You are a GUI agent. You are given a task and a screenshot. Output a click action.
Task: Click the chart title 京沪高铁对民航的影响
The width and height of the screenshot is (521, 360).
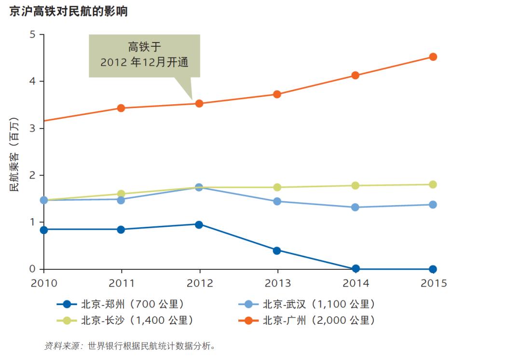pos(69,11)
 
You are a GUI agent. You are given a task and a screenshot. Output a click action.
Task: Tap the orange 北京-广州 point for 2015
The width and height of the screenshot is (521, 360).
pos(433,57)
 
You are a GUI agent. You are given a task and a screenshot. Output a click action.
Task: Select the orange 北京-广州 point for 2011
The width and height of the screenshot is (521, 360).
pos(121,108)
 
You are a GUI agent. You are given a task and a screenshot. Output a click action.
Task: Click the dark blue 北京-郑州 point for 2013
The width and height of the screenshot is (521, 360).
pos(277,250)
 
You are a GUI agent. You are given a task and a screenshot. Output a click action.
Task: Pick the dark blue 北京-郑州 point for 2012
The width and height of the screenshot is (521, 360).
pos(199,225)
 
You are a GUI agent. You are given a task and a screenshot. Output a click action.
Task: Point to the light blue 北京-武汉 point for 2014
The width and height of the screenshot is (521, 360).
pos(355,208)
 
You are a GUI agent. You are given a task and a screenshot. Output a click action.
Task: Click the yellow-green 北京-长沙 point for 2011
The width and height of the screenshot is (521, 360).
pos(121,194)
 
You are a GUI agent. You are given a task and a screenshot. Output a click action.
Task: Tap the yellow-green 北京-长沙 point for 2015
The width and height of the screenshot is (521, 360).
pos(433,184)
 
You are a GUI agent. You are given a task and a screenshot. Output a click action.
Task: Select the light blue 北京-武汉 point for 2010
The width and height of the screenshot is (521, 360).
pos(44,200)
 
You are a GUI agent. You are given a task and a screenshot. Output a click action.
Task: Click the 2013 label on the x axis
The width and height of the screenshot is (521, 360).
pos(277,283)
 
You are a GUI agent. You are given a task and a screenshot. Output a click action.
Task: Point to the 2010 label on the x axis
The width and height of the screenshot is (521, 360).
pos(44,283)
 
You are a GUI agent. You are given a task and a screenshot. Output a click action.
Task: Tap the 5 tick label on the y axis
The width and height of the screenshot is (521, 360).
pos(32,35)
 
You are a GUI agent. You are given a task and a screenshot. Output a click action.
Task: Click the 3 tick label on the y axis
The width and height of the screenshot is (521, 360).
pos(32,128)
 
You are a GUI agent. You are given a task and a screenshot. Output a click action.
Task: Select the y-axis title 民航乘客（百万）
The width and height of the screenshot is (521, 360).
pos(14,154)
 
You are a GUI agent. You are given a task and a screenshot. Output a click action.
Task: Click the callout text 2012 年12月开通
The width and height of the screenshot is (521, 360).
pos(145,62)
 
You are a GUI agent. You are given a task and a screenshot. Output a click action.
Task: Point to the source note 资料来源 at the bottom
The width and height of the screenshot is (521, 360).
pos(61,346)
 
